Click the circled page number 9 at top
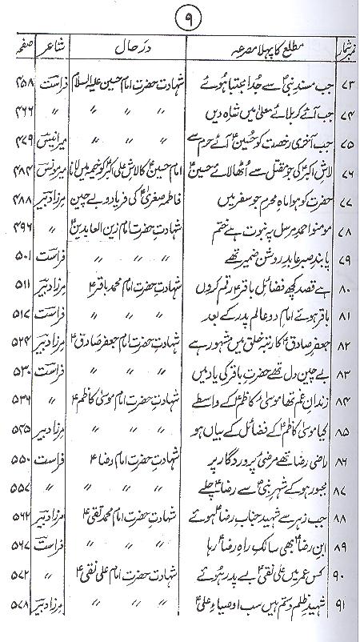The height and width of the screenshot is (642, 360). tap(182, 15)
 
